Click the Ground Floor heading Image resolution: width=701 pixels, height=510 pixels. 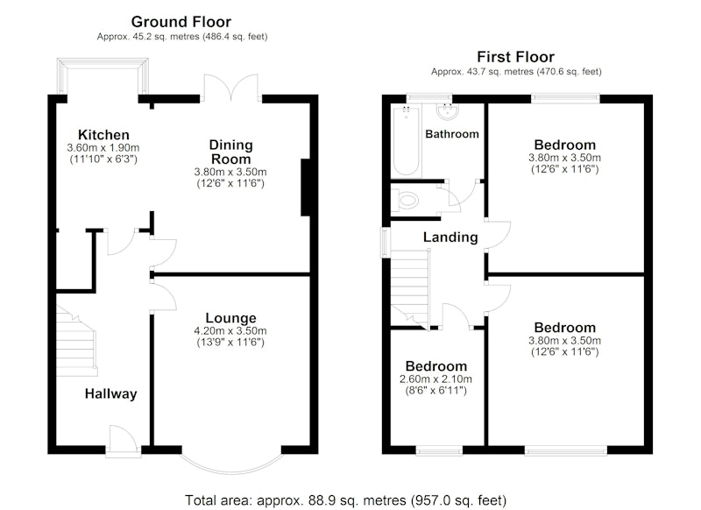(181, 21)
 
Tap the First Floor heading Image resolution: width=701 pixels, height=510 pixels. (515, 57)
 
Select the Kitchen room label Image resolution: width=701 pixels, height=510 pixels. (103, 135)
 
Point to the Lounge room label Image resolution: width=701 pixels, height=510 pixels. (230, 318)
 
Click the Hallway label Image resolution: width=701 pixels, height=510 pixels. (111, 393)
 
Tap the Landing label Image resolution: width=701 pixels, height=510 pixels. (450, 237)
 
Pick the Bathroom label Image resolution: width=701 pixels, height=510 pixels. (452, 134)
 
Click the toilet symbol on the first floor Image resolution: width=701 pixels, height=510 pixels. (405, 200)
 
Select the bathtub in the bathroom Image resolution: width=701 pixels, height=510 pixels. (406, 141)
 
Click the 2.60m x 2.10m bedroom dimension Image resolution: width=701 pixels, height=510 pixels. (435, 379)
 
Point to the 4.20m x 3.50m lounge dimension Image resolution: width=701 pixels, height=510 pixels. (230, 331)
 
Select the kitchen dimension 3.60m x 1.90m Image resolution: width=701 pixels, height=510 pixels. (103, 148)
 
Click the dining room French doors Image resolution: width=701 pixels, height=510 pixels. (231, 88)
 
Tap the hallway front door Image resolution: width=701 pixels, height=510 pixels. (124, 441)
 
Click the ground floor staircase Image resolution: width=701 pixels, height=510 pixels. (76, 341)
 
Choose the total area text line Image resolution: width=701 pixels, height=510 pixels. (345, 499)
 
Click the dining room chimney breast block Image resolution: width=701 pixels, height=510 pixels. (306, 188)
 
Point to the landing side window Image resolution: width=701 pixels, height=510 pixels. (385, 243)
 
